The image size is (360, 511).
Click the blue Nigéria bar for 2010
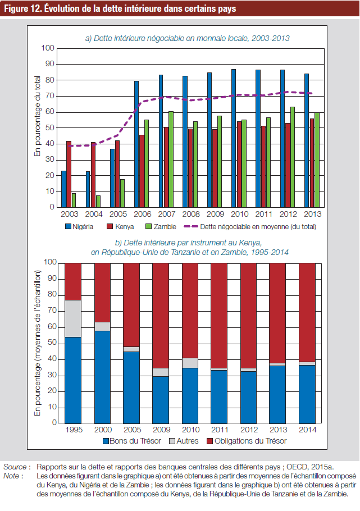pos(234,138)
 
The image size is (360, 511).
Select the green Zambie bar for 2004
pos(98,202)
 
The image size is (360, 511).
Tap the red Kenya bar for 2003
pos(69,174)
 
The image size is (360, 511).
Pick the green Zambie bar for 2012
pos(293,157)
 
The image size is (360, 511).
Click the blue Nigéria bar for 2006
pos(136,144)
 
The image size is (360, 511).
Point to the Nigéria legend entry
pos(79,226)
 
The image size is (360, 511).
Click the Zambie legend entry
pos(161,226)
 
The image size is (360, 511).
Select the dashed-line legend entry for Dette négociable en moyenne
pos(250,226)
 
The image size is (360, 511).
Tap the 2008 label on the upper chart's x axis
pos(191,214)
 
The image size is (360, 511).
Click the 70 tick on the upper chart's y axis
pos(49,96)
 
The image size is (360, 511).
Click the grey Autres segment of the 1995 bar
pos(73,318)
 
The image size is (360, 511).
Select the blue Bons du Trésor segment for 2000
pos(102,377)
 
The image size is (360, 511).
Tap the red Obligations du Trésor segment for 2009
pos(161,316)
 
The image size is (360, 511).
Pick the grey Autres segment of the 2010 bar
pos(190,363)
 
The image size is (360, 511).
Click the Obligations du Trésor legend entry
pos(247,441)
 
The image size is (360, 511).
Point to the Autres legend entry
pos(184,441)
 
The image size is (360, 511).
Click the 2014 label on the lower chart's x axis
pos(308,430)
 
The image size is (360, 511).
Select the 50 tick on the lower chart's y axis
pos(52,343)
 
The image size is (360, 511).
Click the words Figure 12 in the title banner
pos(22,8)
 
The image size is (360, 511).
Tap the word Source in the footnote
pos(15,467)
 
